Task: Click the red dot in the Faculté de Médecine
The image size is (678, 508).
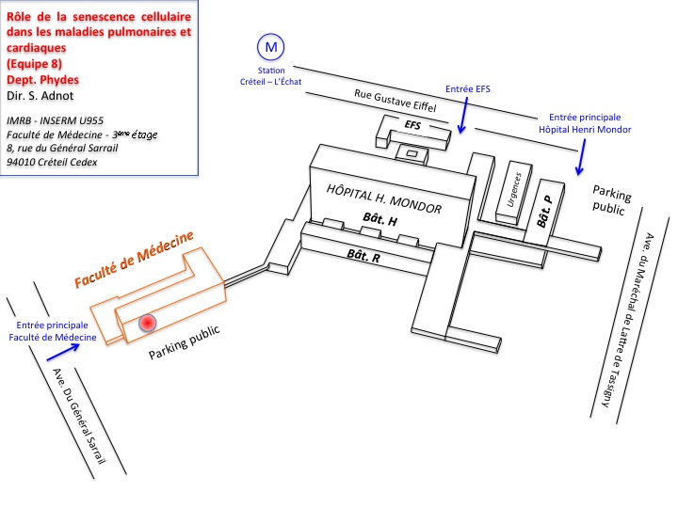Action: (147, 323)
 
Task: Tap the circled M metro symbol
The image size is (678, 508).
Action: (271, 46)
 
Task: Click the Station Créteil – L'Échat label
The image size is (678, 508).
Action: (271, 76)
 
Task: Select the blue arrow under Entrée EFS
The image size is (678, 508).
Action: (461, 118)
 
